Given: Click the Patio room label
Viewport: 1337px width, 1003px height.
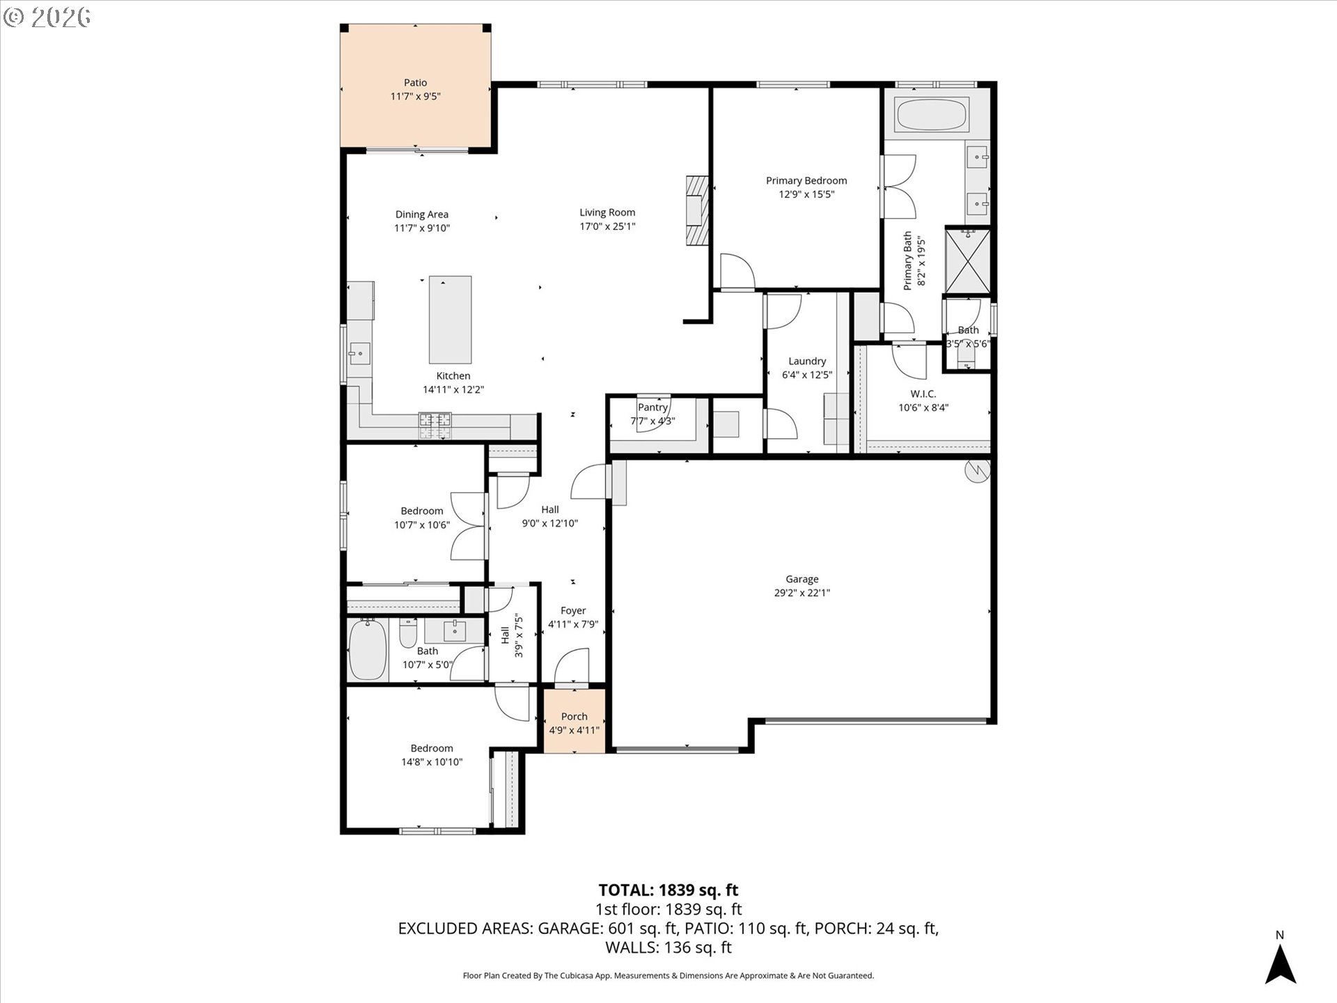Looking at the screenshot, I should tap(415, 83).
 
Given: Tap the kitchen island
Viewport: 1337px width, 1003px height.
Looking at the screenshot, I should tap(450, 319).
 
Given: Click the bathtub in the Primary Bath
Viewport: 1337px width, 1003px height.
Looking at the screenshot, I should tap(931, 115).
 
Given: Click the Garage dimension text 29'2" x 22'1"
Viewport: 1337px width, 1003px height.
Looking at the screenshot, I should tap(802, 593).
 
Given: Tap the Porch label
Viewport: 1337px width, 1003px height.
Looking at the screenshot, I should tap(574, 716).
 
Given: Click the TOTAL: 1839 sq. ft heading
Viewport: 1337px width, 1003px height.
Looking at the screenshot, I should tap(668, 890).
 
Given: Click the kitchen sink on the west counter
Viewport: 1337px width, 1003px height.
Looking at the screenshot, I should tap(359, 353).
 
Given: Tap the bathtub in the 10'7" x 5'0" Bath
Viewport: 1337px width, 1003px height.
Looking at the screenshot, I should tap(367, 650).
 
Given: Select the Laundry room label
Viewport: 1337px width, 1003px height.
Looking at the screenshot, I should tap(807, 361).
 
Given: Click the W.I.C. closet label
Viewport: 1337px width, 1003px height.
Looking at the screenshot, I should tap(923, 394).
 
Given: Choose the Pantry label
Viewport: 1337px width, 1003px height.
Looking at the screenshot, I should tap(652, 407).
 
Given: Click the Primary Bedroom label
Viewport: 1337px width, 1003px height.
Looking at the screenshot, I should tap(806, 180).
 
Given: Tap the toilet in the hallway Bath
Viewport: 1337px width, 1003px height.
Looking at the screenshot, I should tap(408, 634).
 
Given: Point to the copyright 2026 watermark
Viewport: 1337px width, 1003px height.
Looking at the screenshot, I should tap(47, 17).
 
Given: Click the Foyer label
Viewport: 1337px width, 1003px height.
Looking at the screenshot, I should tap(573, 611).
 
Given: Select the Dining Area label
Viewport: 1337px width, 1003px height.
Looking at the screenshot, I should tap(422, 215).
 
